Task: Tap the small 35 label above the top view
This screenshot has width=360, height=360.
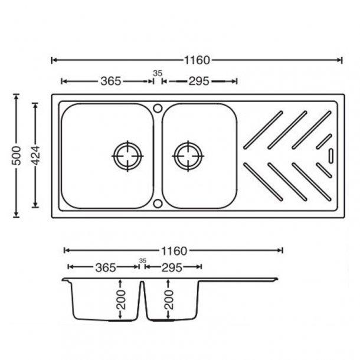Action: coord(157,73)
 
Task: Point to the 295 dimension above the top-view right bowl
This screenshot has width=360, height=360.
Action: coord(199,81)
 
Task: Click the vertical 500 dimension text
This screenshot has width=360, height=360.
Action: coord(18,155)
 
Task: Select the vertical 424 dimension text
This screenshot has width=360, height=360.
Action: coord(36,155)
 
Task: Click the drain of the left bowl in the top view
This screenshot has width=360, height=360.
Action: coord(127,156)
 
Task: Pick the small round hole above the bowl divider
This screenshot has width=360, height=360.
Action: coord(158,108)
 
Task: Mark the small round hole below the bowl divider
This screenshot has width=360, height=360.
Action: coord(158,204)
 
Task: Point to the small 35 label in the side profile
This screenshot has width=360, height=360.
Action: coord(142,260)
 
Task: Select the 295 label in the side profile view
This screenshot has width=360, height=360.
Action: coord(171,267)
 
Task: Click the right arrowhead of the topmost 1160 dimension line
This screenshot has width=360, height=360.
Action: coord(340,60)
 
